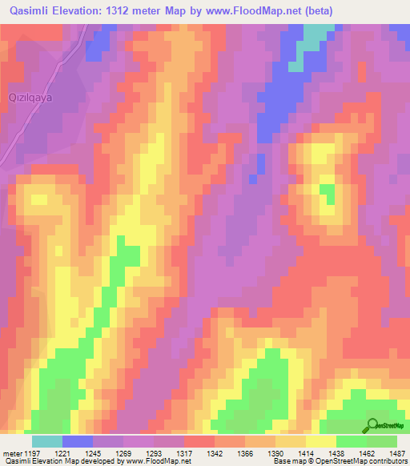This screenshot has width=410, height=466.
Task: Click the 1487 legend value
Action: (396, 454)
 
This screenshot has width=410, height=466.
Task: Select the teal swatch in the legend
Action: (47, 441)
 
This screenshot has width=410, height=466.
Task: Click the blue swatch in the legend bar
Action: (78, 441)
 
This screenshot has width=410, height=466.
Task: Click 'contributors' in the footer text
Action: (388, 462)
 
